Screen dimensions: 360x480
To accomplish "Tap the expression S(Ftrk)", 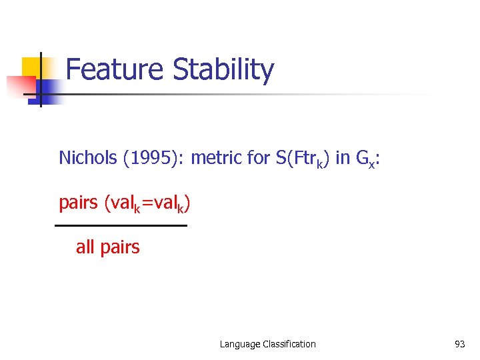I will pyautogui.click(x=302, y=158).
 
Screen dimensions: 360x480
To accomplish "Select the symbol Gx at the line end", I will pyautogui.click(x=366, y=159).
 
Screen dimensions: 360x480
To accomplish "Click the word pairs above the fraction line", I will pyautogui.click(x=79, y=203).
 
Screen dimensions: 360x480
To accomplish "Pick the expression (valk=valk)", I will pyautogui.click(x=147, y=203).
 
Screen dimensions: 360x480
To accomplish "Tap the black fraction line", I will pyautogui.click(x=121, y=226).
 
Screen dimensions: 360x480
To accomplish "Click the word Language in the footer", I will pyautogui.click(x=239, y=344).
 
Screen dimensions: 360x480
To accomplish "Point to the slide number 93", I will pyautogui.click(x=459, y=344).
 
